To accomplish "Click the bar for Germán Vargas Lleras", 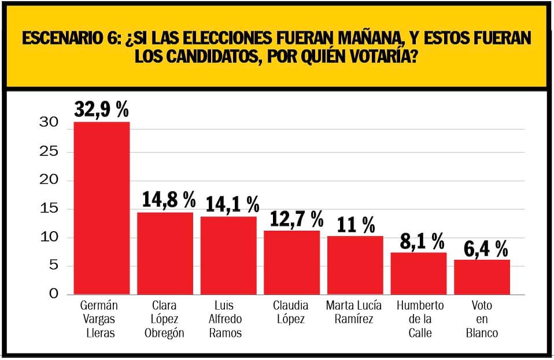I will tap(102, 208).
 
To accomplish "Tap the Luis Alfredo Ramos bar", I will tap(228, 255).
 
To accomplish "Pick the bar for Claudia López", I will tap(291, 262).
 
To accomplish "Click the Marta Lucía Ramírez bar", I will tap(355, 265).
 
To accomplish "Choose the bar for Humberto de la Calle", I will tap(419, 273).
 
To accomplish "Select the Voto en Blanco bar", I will tap(482, 277).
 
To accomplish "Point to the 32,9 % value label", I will tap(102, 109).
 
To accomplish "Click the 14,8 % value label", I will tap(169, 200).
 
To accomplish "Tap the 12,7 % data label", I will tap(296, 218).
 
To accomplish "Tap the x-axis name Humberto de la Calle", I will tap(420, 319).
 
